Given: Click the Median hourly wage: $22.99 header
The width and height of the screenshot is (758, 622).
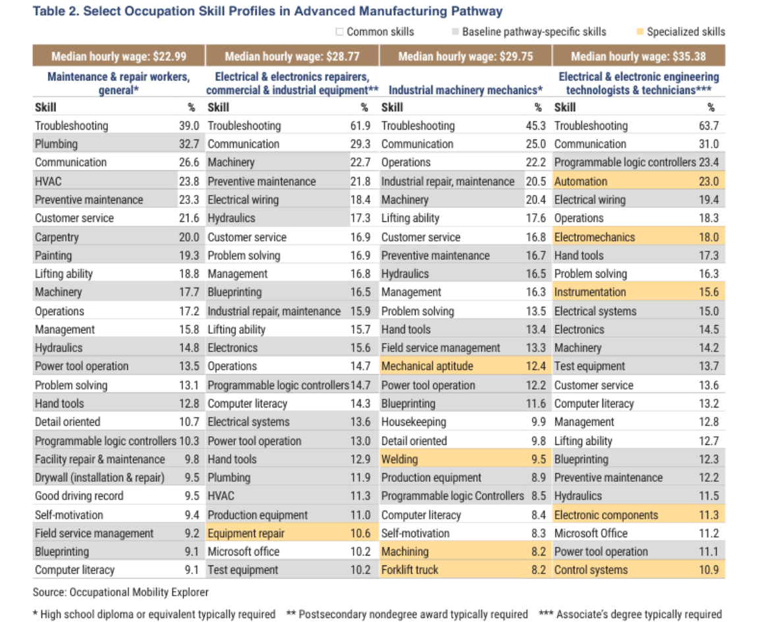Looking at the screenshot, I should click(x=119, y=57).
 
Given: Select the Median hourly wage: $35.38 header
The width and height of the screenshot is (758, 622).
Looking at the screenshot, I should click(x=638, y=57).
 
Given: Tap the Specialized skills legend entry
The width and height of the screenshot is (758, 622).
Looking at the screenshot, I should click(x=685, y=32).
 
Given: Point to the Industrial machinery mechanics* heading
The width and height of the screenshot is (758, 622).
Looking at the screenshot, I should click(x=466, y=90).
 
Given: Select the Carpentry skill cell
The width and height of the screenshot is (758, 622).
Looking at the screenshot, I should click(x=57, y=237).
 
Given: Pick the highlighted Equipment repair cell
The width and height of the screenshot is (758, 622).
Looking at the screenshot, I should click(x=246, y=533).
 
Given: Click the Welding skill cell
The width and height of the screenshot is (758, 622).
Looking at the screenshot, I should click(x=399, y=459).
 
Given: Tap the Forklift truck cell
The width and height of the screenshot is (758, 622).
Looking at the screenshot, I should click(x=410, y=570).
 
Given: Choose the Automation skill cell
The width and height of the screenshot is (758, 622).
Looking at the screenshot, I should click(x=581, y=182).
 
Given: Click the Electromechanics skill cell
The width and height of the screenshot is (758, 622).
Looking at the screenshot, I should click(x=595, y=237).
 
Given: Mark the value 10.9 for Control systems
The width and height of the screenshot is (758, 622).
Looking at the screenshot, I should click(x=709, y=570).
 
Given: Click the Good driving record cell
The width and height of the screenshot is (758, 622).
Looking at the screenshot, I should click(x=79, y=496).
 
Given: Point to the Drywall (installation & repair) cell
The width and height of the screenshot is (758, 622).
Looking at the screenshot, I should click(x=99, y=478).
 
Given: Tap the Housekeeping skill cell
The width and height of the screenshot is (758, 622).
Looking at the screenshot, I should click(x=414, y=422).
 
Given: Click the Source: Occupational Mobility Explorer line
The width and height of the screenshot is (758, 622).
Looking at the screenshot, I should click(x=121, y=592).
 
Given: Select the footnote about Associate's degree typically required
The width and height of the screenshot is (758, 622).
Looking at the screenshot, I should click(x=630, y=613).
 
